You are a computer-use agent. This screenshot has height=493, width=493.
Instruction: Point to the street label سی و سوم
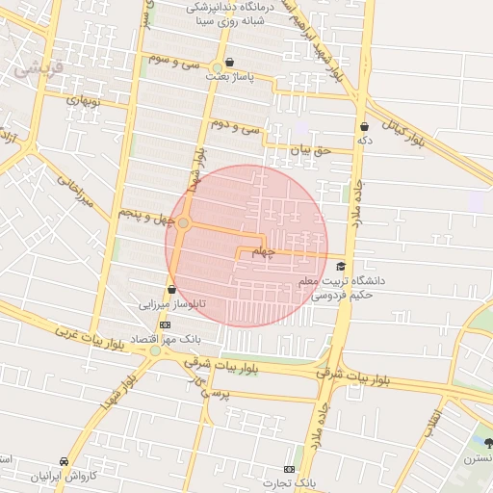(174, 61)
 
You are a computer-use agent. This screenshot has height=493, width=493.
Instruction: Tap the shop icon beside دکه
(364, 126)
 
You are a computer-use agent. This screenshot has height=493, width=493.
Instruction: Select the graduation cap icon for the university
(340, 267)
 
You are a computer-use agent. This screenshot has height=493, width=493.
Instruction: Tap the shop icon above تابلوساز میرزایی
(171, 289)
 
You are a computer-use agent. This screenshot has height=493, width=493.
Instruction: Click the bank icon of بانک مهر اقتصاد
(165, 324)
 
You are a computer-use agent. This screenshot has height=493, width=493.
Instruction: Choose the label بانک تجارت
(293, 480)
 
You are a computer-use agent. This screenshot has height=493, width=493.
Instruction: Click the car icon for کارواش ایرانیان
(64, 462)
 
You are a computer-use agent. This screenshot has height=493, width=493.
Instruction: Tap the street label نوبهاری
(82, 100)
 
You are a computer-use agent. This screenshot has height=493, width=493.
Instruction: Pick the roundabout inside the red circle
(183, 223)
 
